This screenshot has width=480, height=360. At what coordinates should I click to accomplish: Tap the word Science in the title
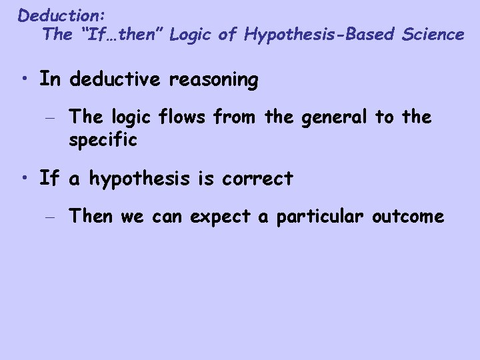click(433, 34)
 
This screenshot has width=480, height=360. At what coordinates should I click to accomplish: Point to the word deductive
click(113, 80)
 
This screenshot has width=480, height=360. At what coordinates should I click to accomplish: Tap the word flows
click(192, 118)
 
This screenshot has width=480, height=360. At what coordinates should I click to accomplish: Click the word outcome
click(410, 216)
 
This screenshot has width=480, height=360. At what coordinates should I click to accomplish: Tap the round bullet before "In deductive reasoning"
click(25, 80)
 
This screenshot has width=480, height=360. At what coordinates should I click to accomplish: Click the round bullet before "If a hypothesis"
click(25, 178)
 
